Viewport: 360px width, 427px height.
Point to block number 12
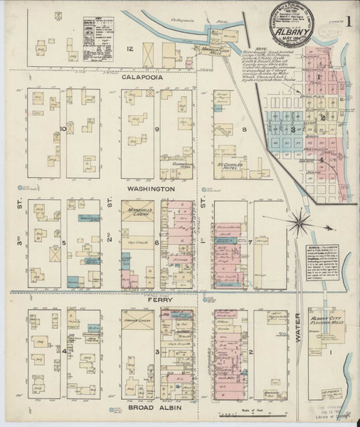click(130, 48)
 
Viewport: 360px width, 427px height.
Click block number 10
click(63, 129)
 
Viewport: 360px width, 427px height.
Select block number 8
click(244, 129)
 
